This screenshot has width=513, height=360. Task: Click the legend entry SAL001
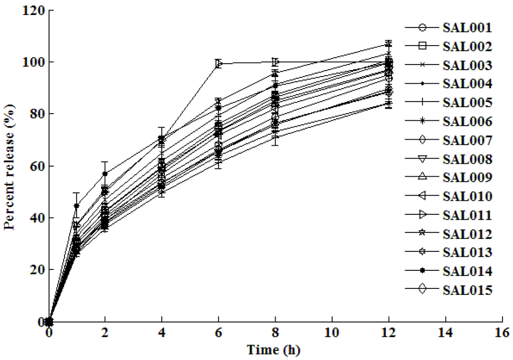tap(466, 28)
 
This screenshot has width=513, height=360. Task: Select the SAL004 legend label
tap(466, 84)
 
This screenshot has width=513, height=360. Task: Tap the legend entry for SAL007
tap(466, 140)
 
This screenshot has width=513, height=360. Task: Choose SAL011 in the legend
tap(466, 215)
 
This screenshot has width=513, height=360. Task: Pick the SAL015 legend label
tap(466, 290)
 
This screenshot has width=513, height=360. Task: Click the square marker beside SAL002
tap(422, 46)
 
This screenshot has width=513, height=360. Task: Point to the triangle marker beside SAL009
tap(422, 177)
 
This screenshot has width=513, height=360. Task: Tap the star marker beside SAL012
tap(422, 234)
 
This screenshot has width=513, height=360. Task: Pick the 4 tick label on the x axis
tap(162, 332)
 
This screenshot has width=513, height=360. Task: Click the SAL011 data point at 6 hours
tap(218, 64)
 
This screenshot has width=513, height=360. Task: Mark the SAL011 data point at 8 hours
tap(275, 62)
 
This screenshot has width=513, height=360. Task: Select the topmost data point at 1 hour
tap(77, 206)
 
